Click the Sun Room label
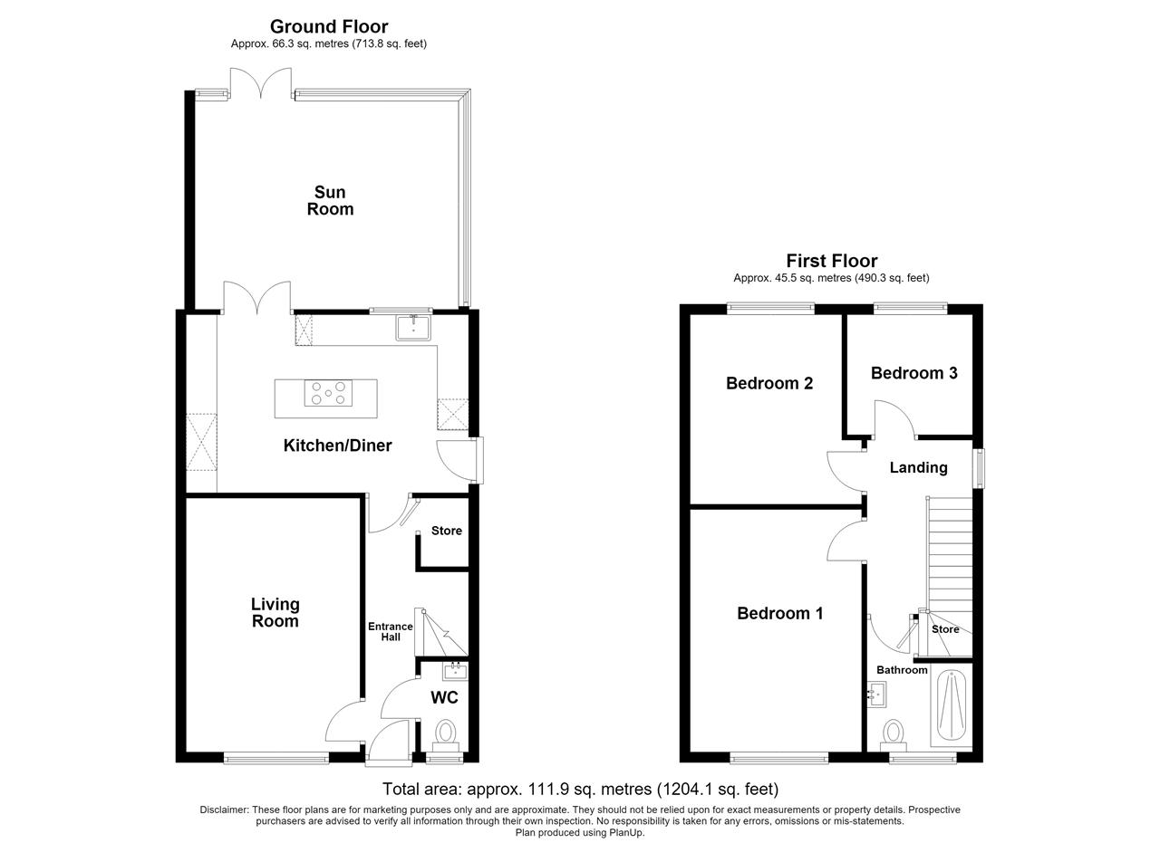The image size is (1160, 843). point(330,201)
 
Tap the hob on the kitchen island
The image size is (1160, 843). point(328,393)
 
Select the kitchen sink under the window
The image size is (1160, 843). point(413,328)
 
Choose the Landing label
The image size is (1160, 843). point(919,468)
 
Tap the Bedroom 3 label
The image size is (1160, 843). point(914,373)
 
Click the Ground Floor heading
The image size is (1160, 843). point(329,26)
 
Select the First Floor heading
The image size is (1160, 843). point(832,260)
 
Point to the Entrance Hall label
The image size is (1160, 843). point(391,631)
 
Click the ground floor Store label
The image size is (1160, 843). point(447,531)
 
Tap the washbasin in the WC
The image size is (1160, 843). point(455,671)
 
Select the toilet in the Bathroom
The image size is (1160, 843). point(894,736)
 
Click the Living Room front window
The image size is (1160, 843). point(276,758)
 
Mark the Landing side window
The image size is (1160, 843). point(978,468)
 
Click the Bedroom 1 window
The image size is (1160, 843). point(779,758)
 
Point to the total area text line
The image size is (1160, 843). point(580,790)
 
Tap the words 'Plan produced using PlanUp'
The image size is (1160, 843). point(580,833)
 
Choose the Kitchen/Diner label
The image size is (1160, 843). point(338,445)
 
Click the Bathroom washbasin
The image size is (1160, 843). point(876,695)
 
